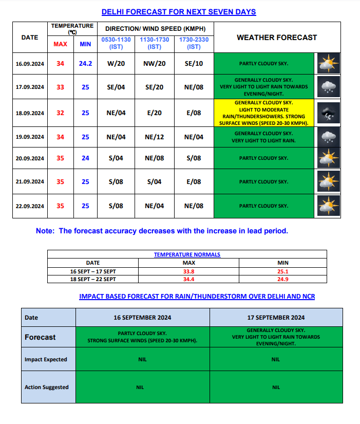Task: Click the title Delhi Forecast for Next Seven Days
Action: (x=179, y=12)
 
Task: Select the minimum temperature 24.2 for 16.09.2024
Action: (x=85, y=64)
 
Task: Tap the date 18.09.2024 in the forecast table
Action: (x=30, y=113)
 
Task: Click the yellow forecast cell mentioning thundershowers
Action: (x=263, y=113)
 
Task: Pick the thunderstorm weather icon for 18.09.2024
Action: (x=327, y=113)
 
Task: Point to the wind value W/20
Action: (x=116, y=64)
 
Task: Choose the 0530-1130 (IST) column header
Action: (x=116, y=43)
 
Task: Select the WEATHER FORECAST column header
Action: (x=276, y=38)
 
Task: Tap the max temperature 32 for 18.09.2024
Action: (x=61, y=113)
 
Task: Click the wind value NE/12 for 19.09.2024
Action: (x=155, y=137)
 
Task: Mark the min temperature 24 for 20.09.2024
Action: (x=85, y=158)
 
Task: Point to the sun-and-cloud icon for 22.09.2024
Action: (x=327, y=206)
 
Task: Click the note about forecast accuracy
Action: (x=162, y=231)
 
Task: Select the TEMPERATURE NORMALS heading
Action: (x=187, y=254)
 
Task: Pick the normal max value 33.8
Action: (x=189, y=271)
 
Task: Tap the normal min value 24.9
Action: (x=283, y=279)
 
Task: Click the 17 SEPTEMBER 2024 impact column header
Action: (x=276, y=318)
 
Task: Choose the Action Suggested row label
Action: (x=46, y=387)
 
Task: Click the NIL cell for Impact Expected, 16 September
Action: (x=142, y=359)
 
